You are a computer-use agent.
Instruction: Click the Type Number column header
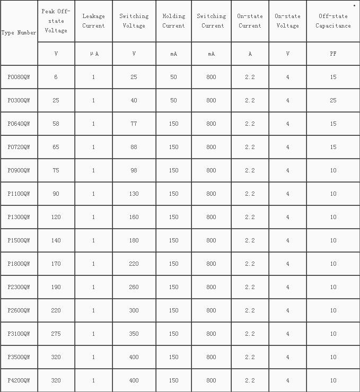(x=19, y=33)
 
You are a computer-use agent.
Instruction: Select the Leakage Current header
(x=93, y=21)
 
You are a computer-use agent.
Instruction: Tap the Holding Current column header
(x=173, y=21)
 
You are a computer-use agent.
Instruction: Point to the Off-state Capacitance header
(x=333, y=21)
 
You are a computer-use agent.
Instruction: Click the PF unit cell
(x=333, y=54)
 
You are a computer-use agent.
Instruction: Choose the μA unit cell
(x=93, y=54)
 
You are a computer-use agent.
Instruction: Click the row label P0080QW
(x=19, y=77)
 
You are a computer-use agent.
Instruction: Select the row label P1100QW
(x=19, y=194)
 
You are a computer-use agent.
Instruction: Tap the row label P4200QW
(x=19, y=381)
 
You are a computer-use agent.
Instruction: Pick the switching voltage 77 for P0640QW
(x=134, y=124)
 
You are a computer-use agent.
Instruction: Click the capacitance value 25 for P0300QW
(x=333, y=101)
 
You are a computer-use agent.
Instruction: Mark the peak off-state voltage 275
(x=56, y=334)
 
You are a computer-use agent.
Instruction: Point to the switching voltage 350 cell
(x=134, y=334)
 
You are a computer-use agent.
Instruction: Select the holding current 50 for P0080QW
(x=173, y=77)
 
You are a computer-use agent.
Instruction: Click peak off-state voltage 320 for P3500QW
(x=56, y=358)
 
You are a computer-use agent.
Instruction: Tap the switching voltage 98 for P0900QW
(x=134, y=171)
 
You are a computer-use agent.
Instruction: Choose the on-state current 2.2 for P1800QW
(x=250, y=264)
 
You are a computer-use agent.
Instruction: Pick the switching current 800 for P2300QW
(x=211, y=288)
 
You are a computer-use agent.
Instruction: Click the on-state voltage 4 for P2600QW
(x=287, y=311)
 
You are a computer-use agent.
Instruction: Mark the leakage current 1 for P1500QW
(x=93, y=241)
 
